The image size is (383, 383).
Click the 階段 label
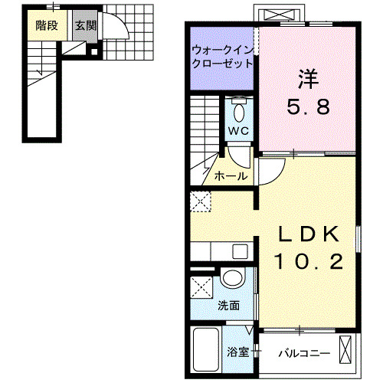(45, 25)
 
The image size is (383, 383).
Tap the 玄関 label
(85, 25)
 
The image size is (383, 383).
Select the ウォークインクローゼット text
(222, 58)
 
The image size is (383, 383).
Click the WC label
(239, 130)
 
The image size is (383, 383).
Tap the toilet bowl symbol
(239, 111)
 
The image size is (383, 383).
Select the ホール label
(231, 175)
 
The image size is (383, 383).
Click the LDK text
(308, 234)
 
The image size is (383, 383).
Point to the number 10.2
(308, 262)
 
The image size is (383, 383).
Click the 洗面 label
(228, 305)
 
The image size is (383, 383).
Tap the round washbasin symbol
(232, 278)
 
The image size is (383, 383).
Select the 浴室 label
(237, 353)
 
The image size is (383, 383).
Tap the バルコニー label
(303, 354)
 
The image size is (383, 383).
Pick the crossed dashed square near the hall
(201, 201)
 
